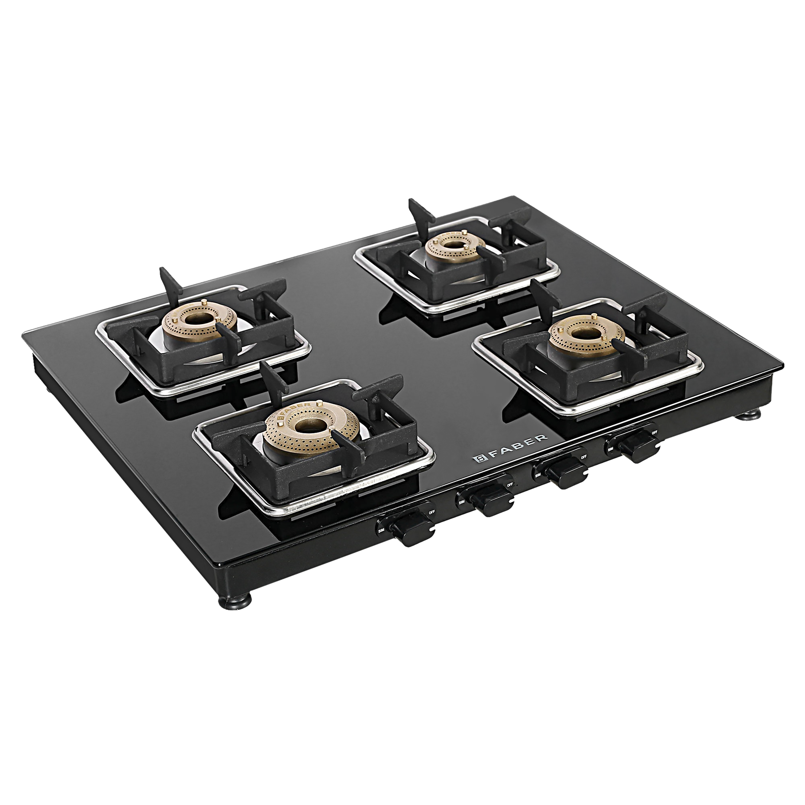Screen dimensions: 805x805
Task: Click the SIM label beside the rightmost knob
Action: click(x=610, y=449)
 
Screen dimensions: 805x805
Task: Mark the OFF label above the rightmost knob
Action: click(x=655, y=432)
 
